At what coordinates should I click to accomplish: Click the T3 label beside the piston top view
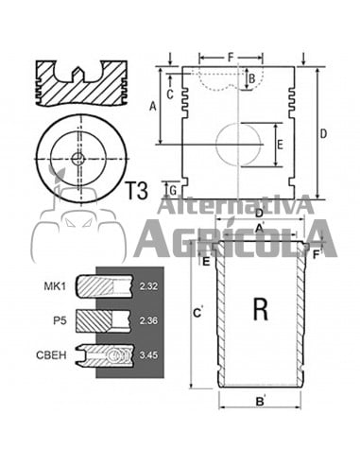[136, 190]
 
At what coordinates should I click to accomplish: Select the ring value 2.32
[146, 285]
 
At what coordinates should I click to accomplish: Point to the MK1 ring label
[55, 285]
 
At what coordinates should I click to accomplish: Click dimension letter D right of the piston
[323, 133]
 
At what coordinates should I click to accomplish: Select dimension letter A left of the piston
[153, 107]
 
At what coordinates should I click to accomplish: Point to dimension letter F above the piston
[231, 58]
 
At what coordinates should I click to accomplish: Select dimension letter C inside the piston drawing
[170, 93]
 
